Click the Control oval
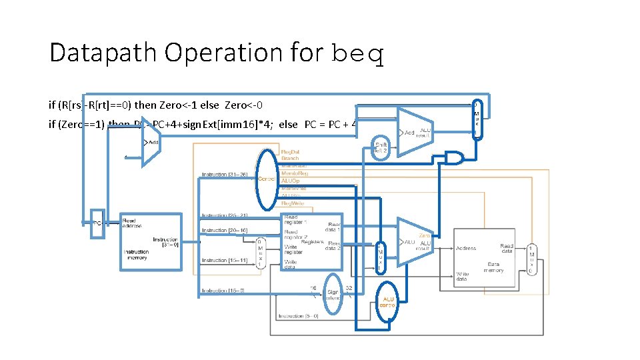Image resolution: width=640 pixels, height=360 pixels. pos(267,179)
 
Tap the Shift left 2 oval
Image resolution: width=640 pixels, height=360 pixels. pos(381,147)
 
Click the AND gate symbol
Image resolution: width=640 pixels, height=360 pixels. pos(453,158)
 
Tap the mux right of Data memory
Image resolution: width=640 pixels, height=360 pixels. pos(531,259)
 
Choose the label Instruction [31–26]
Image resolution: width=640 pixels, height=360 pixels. pos(223,176)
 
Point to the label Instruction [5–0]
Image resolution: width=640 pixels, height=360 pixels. pos(299,316)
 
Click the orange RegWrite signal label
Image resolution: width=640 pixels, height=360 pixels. pos(293,203)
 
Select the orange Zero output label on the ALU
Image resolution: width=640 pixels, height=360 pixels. pos(424,236)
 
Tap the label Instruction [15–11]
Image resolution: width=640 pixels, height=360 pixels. pos(223,260)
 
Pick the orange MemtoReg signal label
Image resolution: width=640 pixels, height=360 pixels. pos(295,173)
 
